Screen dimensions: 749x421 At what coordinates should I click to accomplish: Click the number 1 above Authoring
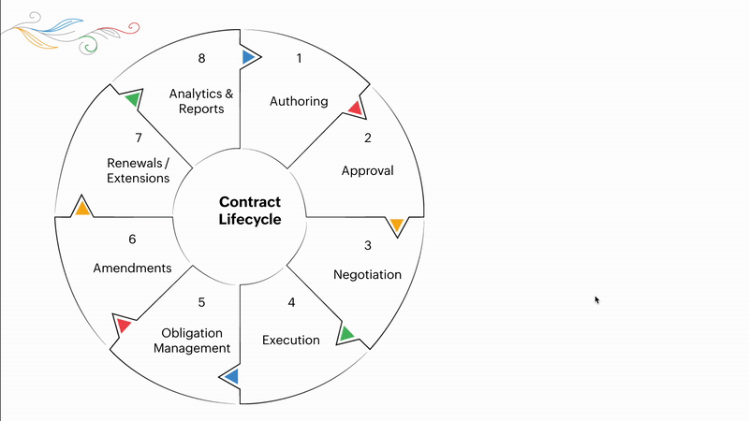click(299, 58)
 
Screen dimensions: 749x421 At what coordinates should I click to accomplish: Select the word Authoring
click(299, 101)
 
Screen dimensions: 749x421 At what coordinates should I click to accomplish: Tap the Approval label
click(367, 171)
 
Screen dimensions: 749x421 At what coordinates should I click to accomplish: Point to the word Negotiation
click(367, 274)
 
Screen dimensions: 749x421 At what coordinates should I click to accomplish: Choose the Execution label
click(291, 340)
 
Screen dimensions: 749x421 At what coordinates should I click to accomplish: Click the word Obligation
click(192, 333)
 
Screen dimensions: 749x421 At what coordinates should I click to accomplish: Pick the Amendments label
click(132, 268)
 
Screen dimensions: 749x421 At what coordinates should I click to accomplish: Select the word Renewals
click(135, 163)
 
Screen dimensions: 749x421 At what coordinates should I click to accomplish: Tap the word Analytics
click(196, 94)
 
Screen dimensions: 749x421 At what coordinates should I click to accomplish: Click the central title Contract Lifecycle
click(250, 210)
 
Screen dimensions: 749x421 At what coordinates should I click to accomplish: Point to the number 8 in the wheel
click(201, 58)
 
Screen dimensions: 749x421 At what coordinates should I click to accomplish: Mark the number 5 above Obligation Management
click(201, 302)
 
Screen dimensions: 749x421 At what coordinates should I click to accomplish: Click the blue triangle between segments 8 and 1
click(248, 57)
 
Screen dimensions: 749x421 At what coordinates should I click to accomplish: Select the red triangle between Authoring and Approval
click(356, 109)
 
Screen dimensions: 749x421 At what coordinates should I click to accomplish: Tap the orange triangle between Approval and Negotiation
click(397, 224)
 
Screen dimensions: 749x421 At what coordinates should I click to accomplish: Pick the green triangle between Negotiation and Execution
click(345, 333)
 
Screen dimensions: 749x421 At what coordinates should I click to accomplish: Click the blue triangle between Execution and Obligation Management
click(232, 377)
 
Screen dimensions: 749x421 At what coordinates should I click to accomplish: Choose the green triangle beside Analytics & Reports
click(133, 99)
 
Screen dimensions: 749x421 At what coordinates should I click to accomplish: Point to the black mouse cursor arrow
click(597, 299)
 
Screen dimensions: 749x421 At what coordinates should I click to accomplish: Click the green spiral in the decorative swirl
click(88, 45)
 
